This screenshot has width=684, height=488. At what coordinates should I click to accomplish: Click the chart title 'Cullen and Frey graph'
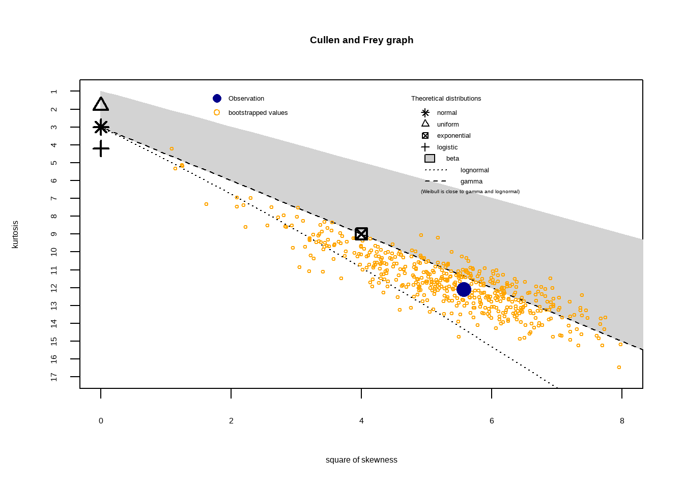coord(361,40)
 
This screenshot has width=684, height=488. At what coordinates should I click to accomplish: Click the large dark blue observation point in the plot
coord(464,289)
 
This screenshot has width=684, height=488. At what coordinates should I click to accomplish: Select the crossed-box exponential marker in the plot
coord(361,234)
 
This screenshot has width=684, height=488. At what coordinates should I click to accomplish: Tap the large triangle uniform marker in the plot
coord(101,105)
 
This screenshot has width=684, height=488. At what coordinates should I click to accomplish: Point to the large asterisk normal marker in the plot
coord(101,127)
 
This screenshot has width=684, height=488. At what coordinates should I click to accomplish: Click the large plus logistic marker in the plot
coord(101,148)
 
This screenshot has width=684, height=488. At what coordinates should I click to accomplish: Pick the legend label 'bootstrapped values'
coord(258,113)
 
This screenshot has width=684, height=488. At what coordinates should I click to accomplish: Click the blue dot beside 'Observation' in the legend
coord(217,99)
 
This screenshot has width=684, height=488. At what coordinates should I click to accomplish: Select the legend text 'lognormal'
coord(474,170)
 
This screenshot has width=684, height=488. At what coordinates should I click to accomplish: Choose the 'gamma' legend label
coord(471,181)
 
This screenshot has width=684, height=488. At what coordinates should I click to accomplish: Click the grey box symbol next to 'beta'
coord(430,159)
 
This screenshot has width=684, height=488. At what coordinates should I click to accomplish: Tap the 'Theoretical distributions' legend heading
coord(446,99)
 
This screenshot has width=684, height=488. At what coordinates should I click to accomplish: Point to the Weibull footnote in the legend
coord(470,192)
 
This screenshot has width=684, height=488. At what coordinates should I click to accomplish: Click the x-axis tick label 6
coord(492,421)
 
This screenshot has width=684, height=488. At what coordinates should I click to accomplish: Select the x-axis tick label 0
coord(101,421)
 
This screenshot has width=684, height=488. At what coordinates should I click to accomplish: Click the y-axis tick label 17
coord(54,377)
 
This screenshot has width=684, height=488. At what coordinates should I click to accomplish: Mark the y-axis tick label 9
coord(54,234)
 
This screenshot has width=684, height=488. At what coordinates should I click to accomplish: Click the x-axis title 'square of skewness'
coord(361,460)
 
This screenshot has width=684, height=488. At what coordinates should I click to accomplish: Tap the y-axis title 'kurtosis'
coord(15,234)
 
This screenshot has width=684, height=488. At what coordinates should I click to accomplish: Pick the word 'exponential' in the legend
coord(453,136)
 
